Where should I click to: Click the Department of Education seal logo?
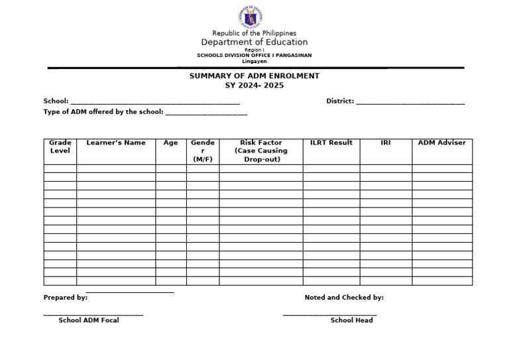(x=254, y=17)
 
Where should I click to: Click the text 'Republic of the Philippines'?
(x=254, y=33)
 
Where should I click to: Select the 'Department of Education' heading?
(x=254, y=42)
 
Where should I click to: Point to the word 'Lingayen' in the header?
(x=254, y=61)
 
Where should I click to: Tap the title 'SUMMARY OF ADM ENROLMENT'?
(x=254, y=76)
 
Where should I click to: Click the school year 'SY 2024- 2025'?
(x=254, y=86)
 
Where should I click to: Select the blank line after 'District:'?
(x=410, y=102)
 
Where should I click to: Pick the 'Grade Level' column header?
(x=60, y=147)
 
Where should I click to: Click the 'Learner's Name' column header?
(x=116, y=143)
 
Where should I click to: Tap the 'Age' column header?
(x=170, y=143)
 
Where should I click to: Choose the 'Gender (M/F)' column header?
(x=203, y=151)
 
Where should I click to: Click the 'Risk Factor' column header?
(x=261, y=151)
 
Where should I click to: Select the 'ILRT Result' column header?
(x=331, y=143)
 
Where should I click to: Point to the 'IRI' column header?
(x=386, y=143)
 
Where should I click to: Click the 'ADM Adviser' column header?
(x=441, y=143)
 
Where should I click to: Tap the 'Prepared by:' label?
(x=66, y=298)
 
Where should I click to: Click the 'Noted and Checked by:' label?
(x=344, y=298)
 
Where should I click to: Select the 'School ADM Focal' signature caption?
(x=89, y=320)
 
